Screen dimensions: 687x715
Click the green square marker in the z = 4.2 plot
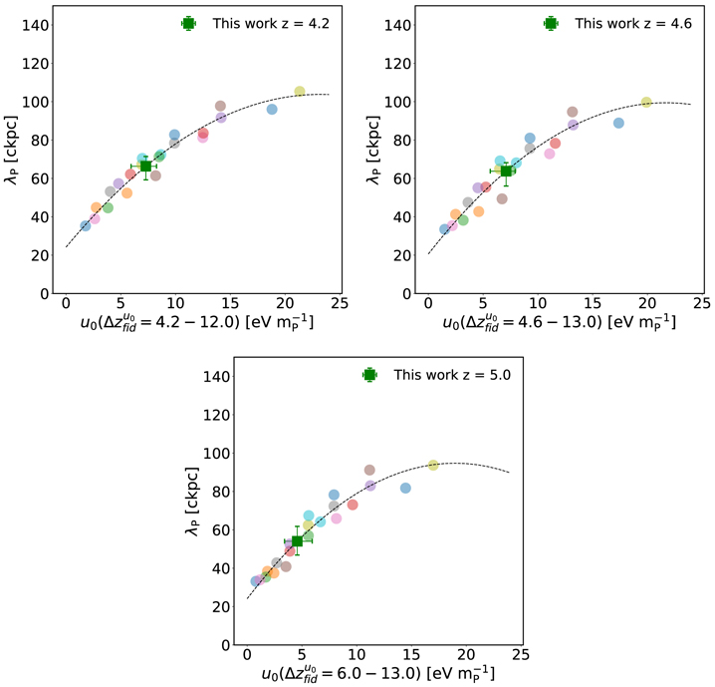(x=145, y=166)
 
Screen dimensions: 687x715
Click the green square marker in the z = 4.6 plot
(x=506, y=171)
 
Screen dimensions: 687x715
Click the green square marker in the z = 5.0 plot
(x=297, y=541)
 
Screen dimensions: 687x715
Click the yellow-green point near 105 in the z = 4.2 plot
(x=300, y=92)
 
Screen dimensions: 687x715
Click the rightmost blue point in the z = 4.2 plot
(x=272, y=109)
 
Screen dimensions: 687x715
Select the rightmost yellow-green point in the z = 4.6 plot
(x=646, y=102)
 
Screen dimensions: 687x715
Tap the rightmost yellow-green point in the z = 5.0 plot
(x=433, y=466)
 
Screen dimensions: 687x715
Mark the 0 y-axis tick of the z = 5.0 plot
(x=224, y=645)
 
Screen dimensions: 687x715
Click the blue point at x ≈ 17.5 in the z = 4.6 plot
(x=618, y=123)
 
